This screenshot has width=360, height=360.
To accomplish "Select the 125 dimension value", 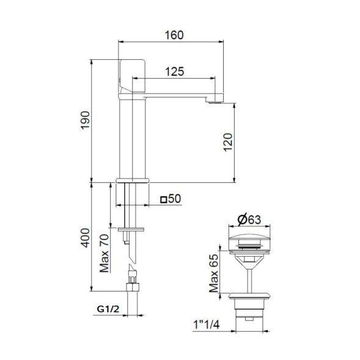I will [x=174, y=71].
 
